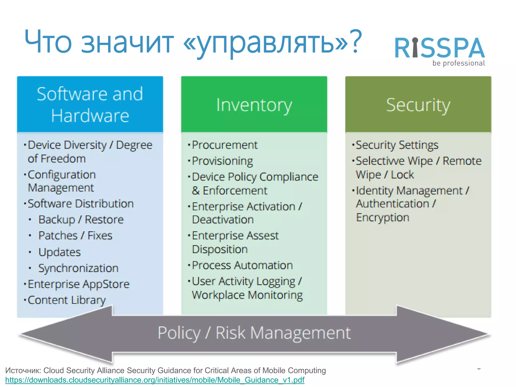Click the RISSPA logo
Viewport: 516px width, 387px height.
point(439,48)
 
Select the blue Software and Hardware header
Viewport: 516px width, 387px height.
point(90,104)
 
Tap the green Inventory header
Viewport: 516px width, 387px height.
point(254,105)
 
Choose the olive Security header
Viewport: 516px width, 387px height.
point(418,105)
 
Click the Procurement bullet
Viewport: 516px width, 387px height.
point(224,145)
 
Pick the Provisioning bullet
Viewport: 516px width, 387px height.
point(222,161)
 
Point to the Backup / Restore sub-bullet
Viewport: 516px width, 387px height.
point(81,220)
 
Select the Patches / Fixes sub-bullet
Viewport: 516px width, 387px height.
point(75,236)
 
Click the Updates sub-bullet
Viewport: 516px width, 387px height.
point(59,252)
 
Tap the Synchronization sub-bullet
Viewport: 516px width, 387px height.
point(78,268)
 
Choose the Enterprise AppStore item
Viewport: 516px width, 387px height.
point(78,284)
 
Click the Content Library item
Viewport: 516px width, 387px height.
point(67,300)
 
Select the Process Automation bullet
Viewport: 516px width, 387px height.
point(242,266)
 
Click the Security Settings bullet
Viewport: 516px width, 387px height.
point(397,145)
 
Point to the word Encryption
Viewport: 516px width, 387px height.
point(382,218)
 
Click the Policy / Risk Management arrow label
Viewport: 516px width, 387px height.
point(254,333)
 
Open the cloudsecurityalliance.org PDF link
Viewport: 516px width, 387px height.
point(155,380)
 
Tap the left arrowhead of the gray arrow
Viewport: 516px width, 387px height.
point(63,334)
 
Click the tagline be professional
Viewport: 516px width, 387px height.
point(459,63)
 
